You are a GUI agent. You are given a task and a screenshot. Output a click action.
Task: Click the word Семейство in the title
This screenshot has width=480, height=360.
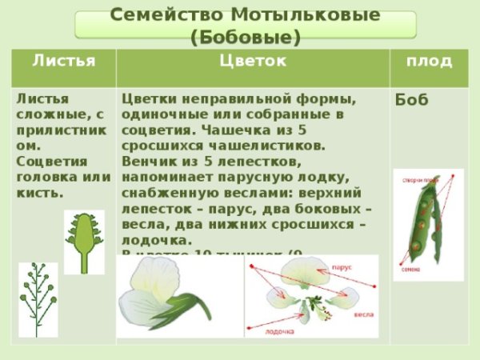click(152, 15)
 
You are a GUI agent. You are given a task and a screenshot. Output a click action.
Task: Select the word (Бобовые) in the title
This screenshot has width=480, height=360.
click(246, 37)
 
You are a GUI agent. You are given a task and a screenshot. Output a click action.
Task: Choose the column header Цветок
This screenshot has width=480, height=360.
click(251, 62)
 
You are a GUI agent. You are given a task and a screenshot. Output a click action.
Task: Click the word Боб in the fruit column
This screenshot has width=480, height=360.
click(413, 100)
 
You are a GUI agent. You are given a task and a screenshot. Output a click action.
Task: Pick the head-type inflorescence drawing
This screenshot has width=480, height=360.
click(84, 241)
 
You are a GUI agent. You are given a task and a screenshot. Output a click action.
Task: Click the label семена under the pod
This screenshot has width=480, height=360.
click(408, 270)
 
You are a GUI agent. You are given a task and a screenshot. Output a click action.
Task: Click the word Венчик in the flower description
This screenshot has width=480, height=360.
click(146, 162)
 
